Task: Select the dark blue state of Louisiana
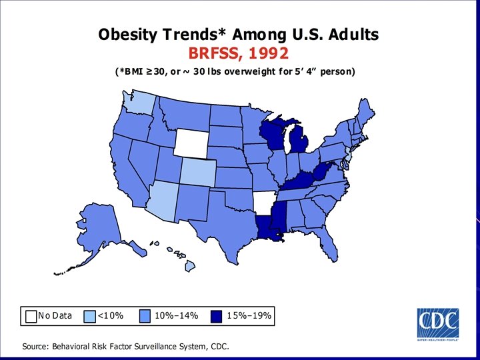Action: coord(266,229)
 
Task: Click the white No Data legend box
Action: coord(31,315)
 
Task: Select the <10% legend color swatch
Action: coord(91,315)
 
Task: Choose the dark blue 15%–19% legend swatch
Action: coord(216,315)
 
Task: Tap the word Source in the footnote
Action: coord(36,347)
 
